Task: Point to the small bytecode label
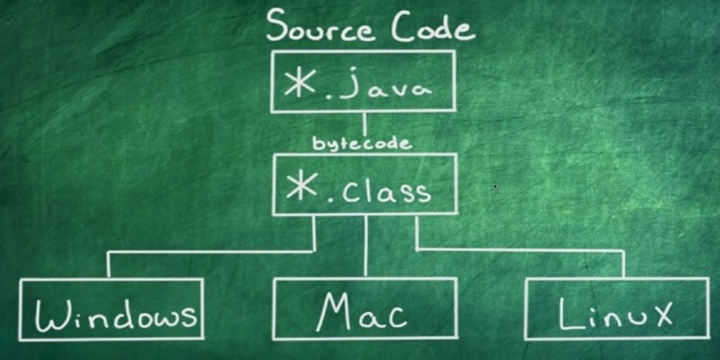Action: coord(361,143)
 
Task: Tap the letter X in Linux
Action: coord(659,314)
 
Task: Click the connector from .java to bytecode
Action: coord(364,124)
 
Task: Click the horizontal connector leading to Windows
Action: coord(209,251)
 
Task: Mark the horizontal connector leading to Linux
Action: coord(518,250)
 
